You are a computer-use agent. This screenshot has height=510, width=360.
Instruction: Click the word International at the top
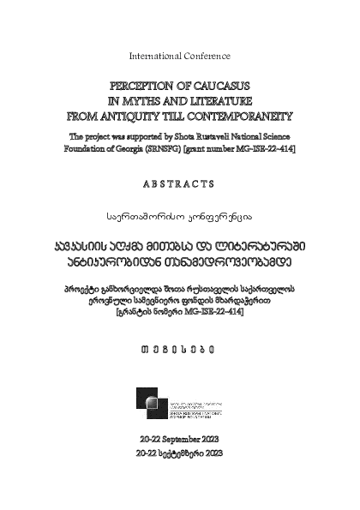[x=155, y=56]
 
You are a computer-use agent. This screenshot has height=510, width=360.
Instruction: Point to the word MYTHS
[x=150, y=100]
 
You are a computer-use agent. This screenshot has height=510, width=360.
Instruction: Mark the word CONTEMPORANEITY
[x=244, y=113]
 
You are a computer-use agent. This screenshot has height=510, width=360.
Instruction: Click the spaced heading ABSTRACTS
[x=179, y=182]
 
